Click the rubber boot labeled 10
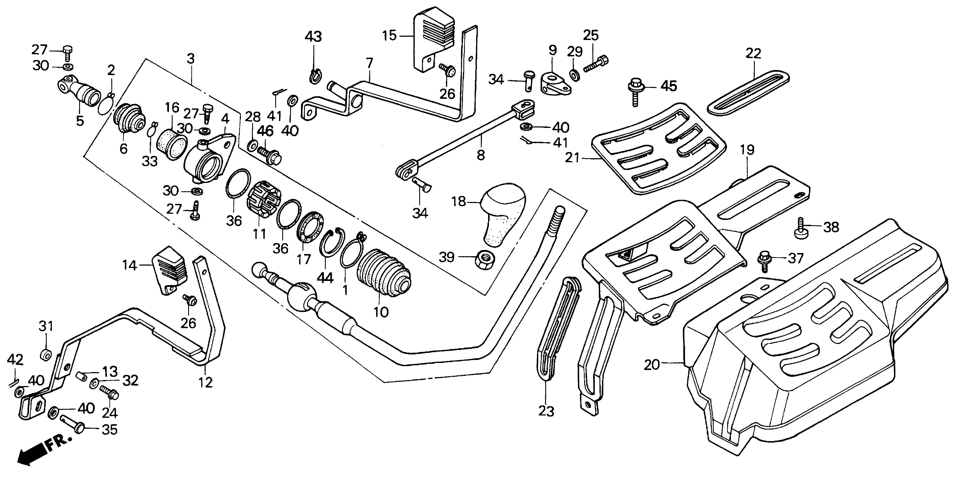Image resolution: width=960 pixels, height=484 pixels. pos(384,274)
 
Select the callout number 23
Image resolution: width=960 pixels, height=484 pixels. pos(546,411)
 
